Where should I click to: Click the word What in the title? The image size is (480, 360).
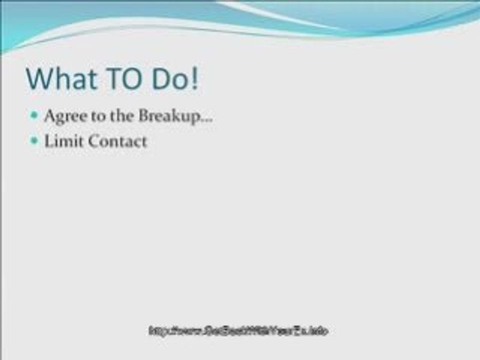click(x=61, y=78)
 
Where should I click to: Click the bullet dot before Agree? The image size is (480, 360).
click(x=34, y=115)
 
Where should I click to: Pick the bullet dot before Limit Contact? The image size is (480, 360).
click(x=34, y=141)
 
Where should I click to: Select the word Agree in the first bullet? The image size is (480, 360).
click(x=61, y=116)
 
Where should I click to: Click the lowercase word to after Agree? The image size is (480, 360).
click(x=90, y=116)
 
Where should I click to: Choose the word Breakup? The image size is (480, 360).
click(x=166, y=116)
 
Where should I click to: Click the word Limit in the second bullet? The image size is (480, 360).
click(x=64, y=141)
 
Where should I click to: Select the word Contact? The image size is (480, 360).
click(x=117, y=141)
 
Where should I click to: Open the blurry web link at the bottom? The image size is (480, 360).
click(x=238, y=330)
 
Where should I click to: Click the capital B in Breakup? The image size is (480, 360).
click(x=143, y=115)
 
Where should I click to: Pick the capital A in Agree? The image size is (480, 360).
click(x=49, y=115)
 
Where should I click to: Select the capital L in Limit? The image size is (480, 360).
click(x=49, y=141)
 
